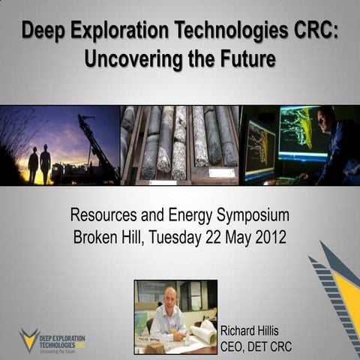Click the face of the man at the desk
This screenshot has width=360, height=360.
[x=170, y=297]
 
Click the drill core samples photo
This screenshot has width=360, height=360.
[x=180, y=145]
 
